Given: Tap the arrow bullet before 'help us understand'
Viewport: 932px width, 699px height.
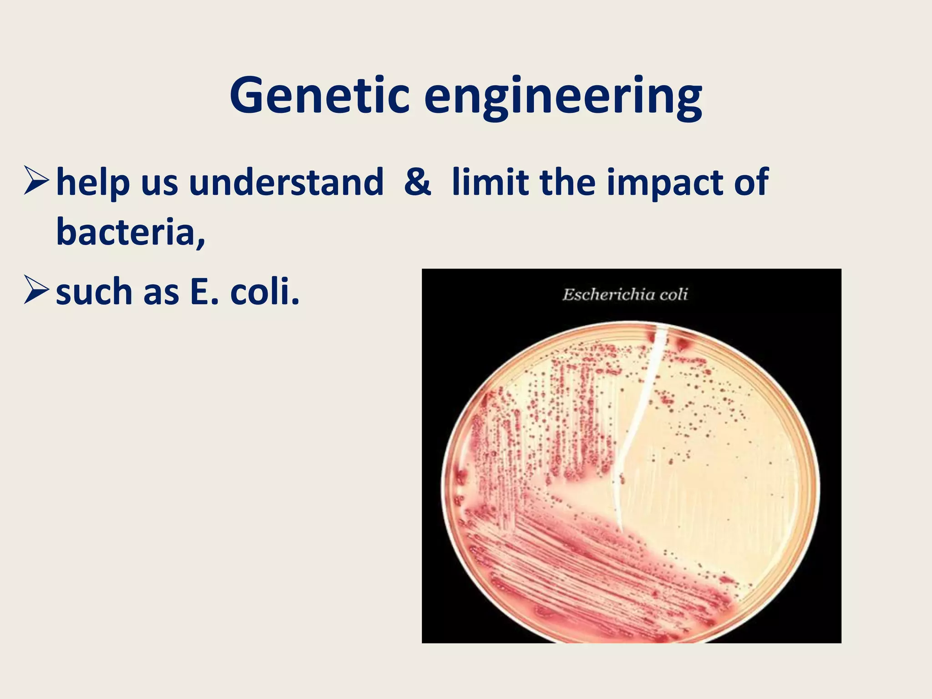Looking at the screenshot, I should (36, 181).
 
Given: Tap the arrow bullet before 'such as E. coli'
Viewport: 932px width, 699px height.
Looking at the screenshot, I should (36, 290).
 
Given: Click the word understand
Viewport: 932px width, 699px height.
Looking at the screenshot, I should (286, 182).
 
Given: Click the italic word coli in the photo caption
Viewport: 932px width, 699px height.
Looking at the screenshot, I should (674, 295).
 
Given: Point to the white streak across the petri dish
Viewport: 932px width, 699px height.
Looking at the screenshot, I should (639, 410).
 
